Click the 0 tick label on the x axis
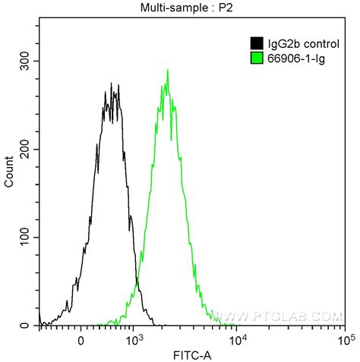point(81,340)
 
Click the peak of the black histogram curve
point(112,83)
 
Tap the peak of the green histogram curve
point(167,71)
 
